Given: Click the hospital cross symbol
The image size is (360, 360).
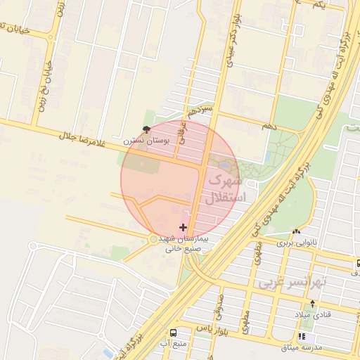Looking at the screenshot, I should (184, 227).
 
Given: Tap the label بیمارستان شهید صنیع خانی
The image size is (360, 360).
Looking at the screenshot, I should (184, 243).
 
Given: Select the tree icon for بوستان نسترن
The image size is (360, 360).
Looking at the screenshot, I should (146, 129).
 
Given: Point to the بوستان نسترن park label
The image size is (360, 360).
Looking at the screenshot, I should (145, 141).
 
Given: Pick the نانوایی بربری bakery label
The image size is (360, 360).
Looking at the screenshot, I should (296, 243).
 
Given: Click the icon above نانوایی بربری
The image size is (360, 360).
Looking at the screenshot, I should (296, 232).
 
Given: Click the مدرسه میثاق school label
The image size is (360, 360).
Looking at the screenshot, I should (302, 347).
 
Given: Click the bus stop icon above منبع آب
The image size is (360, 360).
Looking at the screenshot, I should (172, 333).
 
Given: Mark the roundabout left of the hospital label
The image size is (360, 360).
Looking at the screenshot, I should (153, 240).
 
